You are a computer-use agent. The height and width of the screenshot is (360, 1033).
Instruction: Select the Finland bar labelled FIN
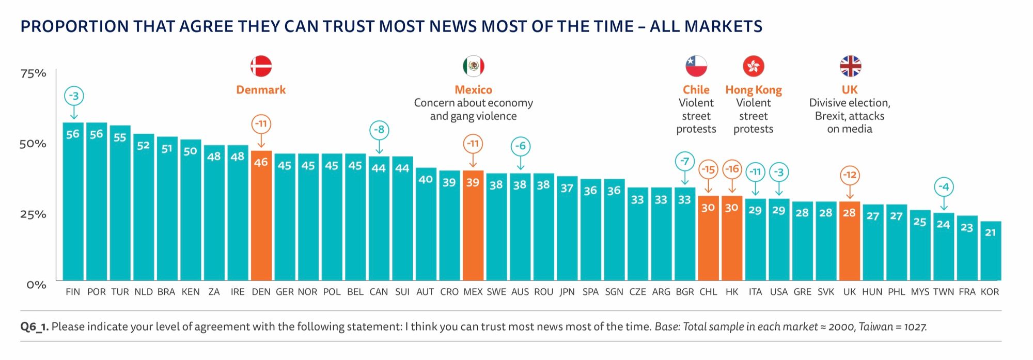[x=73, y=201]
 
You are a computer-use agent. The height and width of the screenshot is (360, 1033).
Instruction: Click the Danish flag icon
[x=261, y=66]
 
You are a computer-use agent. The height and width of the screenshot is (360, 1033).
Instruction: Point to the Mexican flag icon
[x=473, y=66]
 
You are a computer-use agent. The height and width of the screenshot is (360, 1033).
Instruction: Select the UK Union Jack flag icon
[x=850, y=66]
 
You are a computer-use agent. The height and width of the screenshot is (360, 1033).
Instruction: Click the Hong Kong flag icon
[x=753, y=66]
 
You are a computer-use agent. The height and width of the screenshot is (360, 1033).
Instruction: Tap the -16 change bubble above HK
[x=732, y=169]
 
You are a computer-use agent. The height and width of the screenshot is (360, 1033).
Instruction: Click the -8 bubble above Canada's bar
[x=379, y=130]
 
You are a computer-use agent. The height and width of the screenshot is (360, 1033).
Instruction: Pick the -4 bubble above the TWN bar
[x=944, y=187]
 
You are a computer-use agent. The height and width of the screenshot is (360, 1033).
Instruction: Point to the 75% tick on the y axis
[x=33, y=73]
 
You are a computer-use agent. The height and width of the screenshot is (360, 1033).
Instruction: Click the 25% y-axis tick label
[x=33, y=214]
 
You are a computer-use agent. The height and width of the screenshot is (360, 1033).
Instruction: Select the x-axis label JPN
[x=567, y=292]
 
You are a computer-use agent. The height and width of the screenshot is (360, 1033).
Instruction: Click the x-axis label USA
[x=778, y=292]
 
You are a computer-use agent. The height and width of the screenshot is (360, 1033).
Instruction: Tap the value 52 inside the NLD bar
[x=143, y=146]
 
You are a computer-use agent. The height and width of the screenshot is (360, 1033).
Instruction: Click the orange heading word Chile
[x=696, y=90]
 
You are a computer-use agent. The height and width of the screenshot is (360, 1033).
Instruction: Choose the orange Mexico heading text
[x=473, y=90]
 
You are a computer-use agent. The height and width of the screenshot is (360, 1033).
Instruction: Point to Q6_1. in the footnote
[x=35, y=326]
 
